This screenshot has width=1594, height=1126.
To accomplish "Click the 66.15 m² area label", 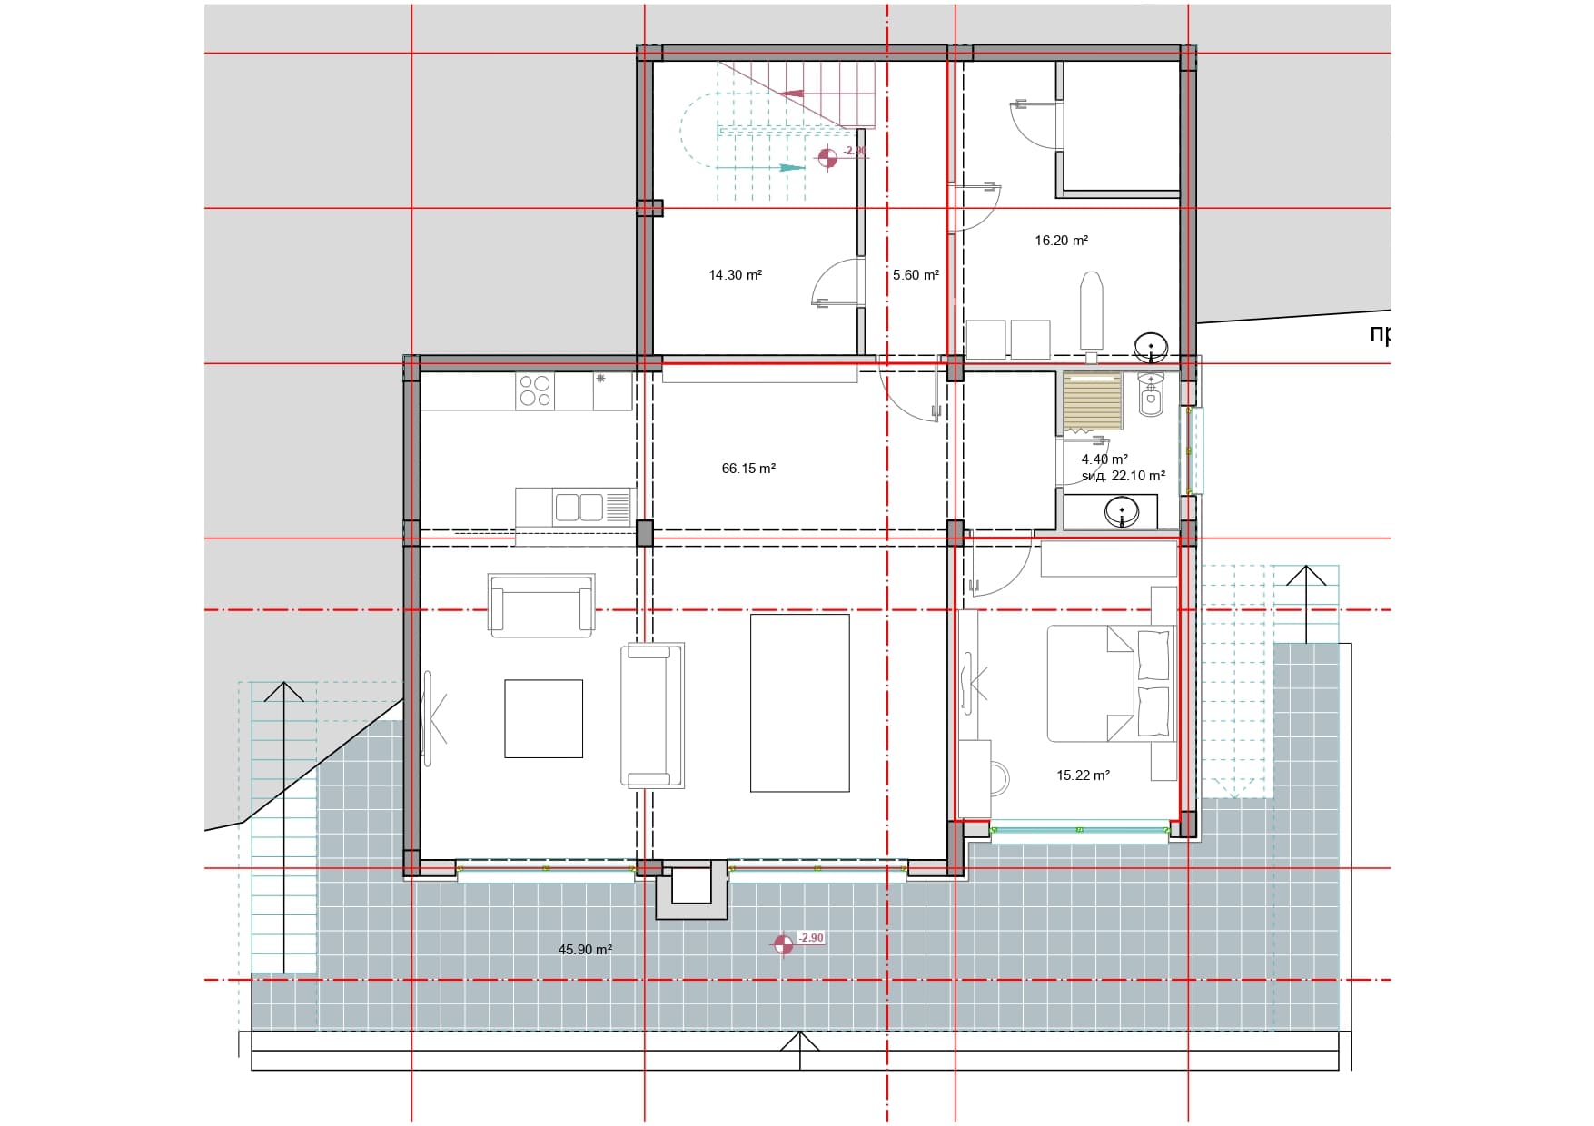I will click(x=748, y=469).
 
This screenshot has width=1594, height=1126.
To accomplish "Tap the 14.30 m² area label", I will click(x=735, y=275).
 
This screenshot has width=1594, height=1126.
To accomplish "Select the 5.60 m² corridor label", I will click(x=915, y=275).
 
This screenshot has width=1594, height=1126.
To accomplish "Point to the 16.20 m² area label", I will click(x=1061, y=241).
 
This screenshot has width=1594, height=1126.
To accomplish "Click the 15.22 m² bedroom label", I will click(x=1083, y=775).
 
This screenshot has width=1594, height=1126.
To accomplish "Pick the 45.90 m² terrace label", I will click(x=585, y=950).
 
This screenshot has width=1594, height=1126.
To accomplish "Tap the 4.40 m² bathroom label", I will click(x=1104, y=459).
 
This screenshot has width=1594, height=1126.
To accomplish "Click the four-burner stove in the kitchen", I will click(x=534, y=391).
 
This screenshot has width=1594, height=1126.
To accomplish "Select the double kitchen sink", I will click(x=579, y=507).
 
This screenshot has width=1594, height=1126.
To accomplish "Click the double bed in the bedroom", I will click(x=1110, y=683).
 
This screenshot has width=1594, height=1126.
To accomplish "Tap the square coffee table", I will click(x=543, y=718).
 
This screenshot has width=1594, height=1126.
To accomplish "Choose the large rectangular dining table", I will click(x=799, y=703).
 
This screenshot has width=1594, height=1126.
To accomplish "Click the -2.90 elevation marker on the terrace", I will click(x=784, y=944).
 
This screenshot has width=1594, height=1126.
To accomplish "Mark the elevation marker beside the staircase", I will click(x=827, y=158).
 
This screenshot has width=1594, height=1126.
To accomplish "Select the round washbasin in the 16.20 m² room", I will click(x=1151, y=346).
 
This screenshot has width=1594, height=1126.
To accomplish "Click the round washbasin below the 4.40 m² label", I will click(x=1122, y=512).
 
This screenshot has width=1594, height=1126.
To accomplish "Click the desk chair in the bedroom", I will click(x=999, y=777).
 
